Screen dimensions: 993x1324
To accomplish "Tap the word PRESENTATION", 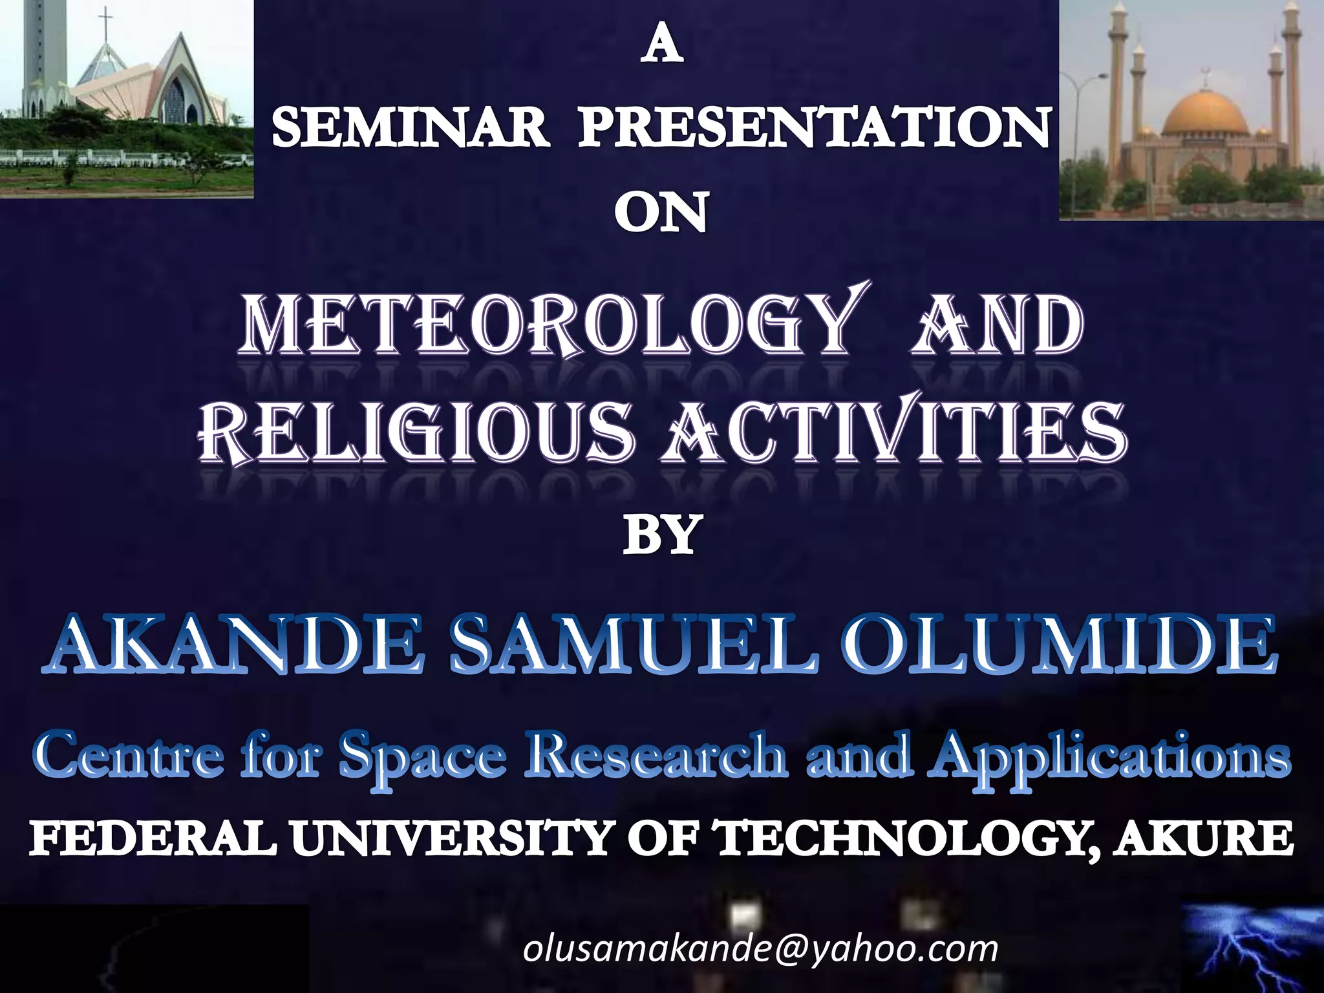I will point(813,127).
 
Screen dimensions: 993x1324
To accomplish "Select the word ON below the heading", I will point(661,213).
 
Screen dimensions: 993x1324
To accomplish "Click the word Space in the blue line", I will point(423,756).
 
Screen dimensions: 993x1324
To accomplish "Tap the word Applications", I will point(1109,756).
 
